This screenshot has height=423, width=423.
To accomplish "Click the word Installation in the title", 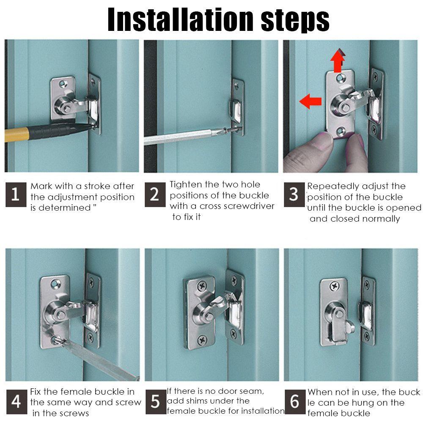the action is pos(181,19).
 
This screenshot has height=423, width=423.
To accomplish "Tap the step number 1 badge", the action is pos(16,195).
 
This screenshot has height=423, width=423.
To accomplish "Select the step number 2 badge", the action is pos(155,195).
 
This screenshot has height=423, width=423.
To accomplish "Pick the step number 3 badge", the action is pos(294,195).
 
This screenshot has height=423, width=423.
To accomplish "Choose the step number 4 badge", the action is pos(17,402).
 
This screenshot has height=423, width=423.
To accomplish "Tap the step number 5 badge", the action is pos(156,402).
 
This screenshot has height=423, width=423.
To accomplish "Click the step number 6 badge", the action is pos(295,402).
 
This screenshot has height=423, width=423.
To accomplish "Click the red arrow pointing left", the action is pos(310,102).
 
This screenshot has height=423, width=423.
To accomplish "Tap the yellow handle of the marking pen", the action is pos(16,135).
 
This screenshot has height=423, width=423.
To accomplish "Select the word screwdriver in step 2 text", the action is pos(250,206).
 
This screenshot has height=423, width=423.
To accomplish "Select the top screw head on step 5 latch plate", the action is pos(201,286).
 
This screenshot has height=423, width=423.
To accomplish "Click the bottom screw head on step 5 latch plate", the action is pos(202,340).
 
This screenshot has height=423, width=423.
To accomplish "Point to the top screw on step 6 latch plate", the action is pos(335,286).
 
